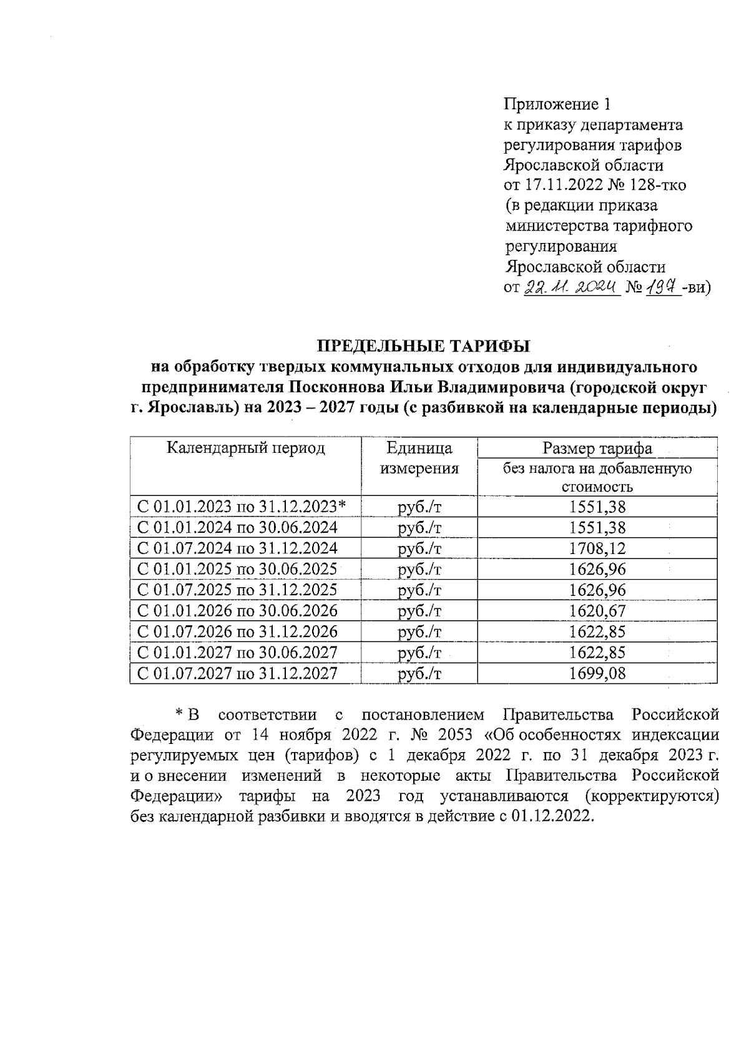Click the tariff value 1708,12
click(597, 548)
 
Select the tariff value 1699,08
click(597, 673)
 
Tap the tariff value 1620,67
click(597, 611)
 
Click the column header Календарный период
click(246, 448)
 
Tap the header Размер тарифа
click(597, 448)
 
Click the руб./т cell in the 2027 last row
click(419, 673)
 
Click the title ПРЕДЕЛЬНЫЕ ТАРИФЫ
click(423, 346)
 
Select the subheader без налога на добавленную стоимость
click(597, 477)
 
